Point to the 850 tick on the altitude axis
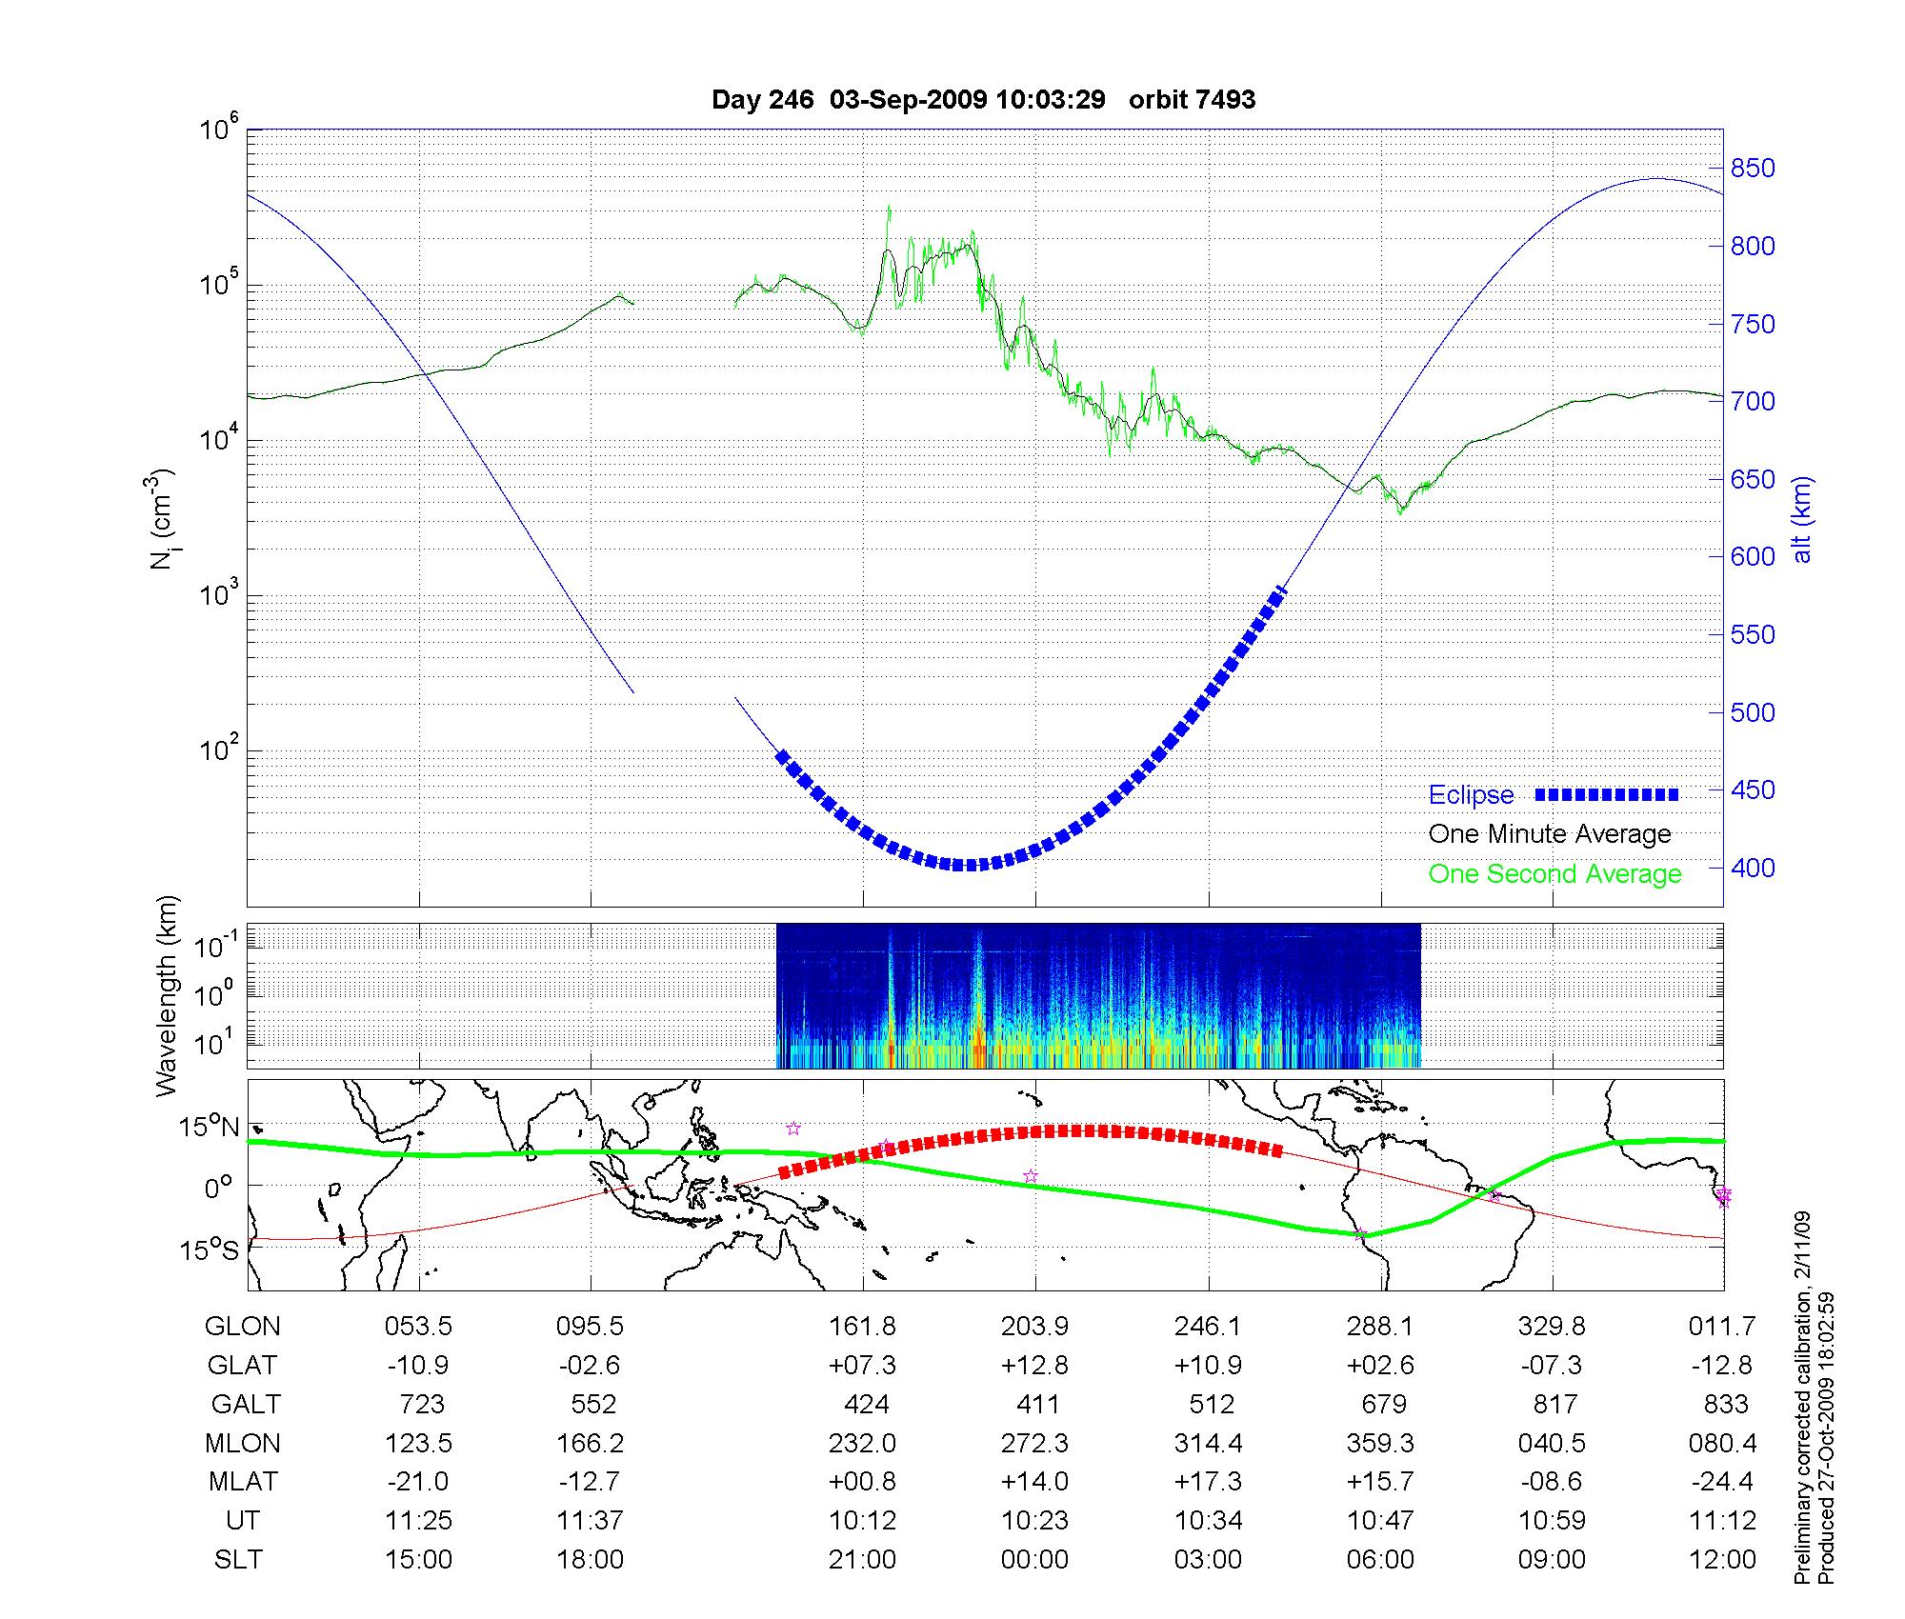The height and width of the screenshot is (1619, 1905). [x=1754, y=170]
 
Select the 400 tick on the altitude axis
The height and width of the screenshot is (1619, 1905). [x=1754, y=869]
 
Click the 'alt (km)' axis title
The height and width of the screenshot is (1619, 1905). [x=1802, y=519]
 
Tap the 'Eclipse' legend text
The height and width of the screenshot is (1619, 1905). [x=1471, y=795]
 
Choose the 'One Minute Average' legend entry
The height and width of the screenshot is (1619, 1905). [x=1550, y=834]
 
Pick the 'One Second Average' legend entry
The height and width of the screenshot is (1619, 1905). [x=1554, y=874]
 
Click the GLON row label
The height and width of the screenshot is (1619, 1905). [x=243, y=1327]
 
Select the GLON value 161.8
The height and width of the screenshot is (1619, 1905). [x=863, y=1327]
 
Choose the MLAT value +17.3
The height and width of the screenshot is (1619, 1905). [x=1208, y=1482]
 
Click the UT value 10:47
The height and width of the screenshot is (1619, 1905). [x=1380, y=1521]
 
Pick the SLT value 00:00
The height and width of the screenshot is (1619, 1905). [x=1035, y=1560]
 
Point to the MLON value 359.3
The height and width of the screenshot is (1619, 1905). [x=1380, y=1444]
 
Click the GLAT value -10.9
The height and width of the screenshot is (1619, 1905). [x=418, y=1366]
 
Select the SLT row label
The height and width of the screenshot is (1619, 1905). [x=238, y=1560]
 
